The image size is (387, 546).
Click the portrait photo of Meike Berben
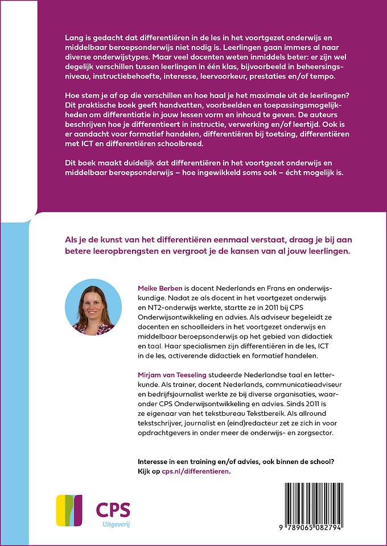pyautogui.click(x=93, y=307)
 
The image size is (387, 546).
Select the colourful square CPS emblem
pyautogui.click(x=69, y=510)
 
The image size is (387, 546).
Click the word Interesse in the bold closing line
pyautogui.click(x=157, y=461)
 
